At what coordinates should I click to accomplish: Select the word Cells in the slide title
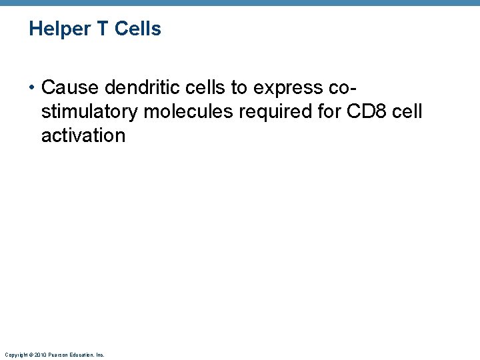[137, 29]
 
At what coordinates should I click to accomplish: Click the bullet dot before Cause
[33, 88]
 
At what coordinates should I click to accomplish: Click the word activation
[83, 136]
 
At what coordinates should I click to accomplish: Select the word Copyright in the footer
[14, 355]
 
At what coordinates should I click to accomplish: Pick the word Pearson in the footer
[57, 355]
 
